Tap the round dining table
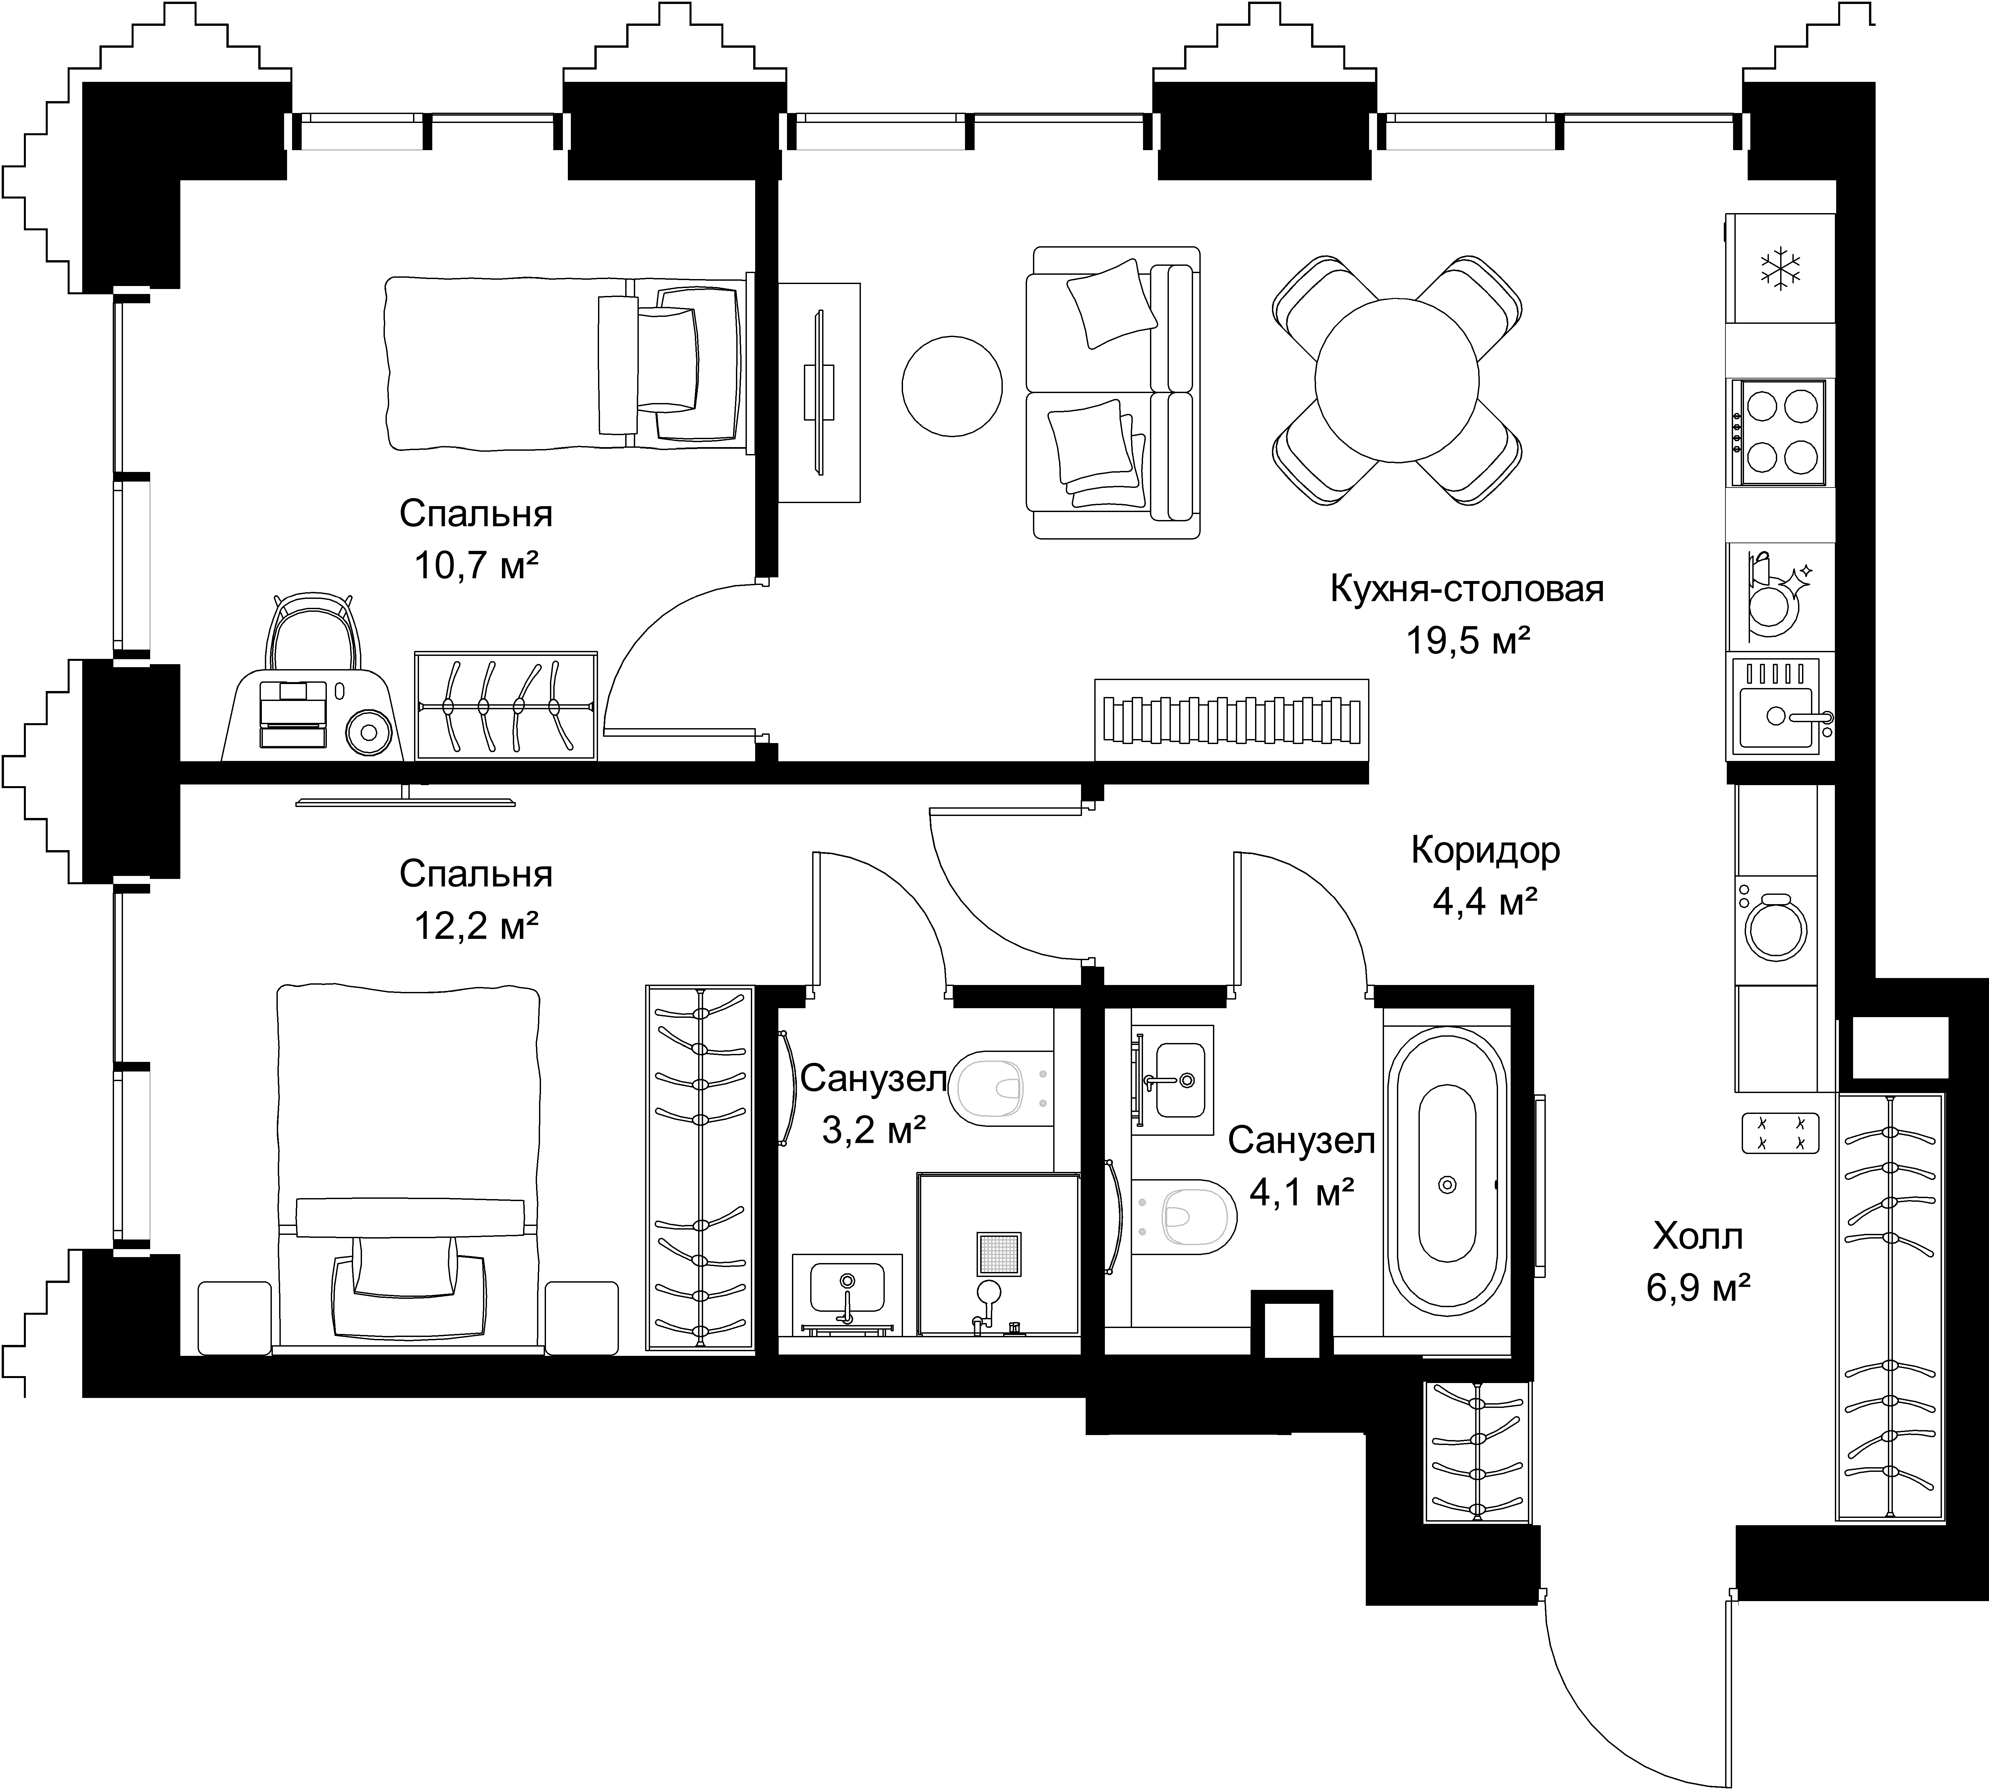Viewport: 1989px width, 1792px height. (x=1397, y=380)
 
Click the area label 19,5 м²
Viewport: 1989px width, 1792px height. (x=1467, y=641)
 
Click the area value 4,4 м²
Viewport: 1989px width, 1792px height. (x=1485, y=902)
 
